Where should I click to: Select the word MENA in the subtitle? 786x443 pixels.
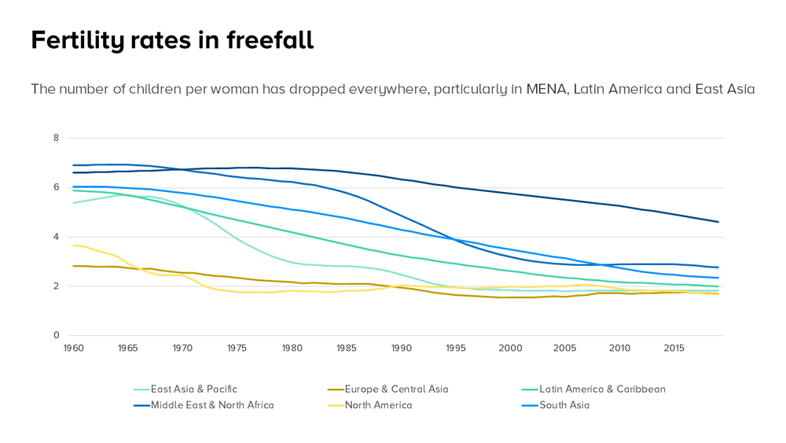tap(545, 89)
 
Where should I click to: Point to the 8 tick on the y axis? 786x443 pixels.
tap(56, 138)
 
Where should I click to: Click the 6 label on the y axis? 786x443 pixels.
tap(56, 187)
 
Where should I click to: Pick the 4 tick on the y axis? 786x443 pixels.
tap(56, 237)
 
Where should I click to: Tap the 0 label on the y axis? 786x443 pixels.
tap(56, 336)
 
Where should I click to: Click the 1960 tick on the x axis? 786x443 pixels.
tap(73, 348)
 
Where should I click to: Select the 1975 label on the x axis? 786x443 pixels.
tap(237, 348)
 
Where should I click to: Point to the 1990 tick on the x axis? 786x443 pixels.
tap(401, 348)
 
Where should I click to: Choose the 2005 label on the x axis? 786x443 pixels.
tap(565, 348)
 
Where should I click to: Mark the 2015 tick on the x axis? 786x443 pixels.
tap(674, 348)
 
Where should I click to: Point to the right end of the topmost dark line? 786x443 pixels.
tap(718, 222)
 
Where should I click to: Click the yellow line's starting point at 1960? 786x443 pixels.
tap(73, 245)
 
